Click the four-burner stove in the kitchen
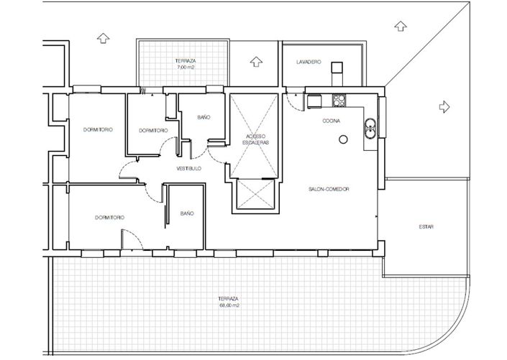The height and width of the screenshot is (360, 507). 339,101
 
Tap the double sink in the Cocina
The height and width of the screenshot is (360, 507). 369,127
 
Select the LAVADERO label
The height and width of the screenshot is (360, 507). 308,63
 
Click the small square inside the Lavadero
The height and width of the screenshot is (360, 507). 336,68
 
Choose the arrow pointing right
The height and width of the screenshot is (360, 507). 444,106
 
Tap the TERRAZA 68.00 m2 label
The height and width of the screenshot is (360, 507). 229,301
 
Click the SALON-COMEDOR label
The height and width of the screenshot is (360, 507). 329,189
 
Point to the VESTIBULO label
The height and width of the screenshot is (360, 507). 188,168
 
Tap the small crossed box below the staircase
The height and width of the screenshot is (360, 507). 255,195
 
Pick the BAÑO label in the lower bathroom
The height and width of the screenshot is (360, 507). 187,213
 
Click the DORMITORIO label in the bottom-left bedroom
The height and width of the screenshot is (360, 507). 109,216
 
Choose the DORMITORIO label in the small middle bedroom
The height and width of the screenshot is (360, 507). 153,130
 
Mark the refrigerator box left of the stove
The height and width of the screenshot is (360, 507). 314,101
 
